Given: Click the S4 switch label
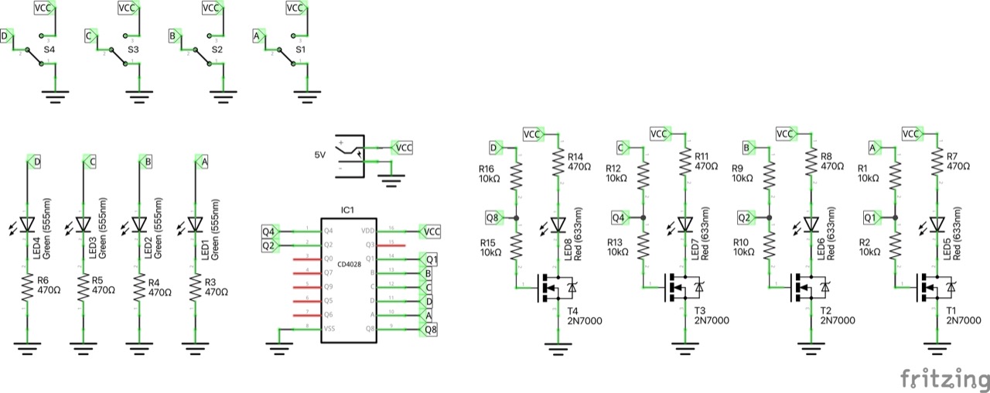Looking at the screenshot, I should point(49,50).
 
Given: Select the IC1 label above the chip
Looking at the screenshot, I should point(347,210).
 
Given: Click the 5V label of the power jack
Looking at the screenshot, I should point(320,155).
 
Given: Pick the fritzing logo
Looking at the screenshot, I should point(944,379).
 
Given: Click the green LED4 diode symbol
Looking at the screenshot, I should point(27,224).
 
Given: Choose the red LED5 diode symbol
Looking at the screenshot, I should point(937,224).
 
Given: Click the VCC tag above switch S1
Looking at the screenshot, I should point(295,8).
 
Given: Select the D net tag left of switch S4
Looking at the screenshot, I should point(7,36).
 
